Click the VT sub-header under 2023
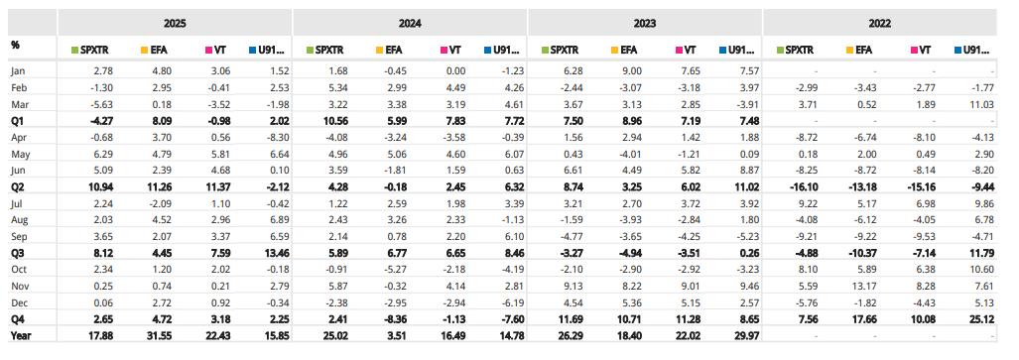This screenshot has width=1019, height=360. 684,48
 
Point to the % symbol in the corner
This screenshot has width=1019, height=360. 15,45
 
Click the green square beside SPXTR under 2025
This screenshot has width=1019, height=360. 75,48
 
